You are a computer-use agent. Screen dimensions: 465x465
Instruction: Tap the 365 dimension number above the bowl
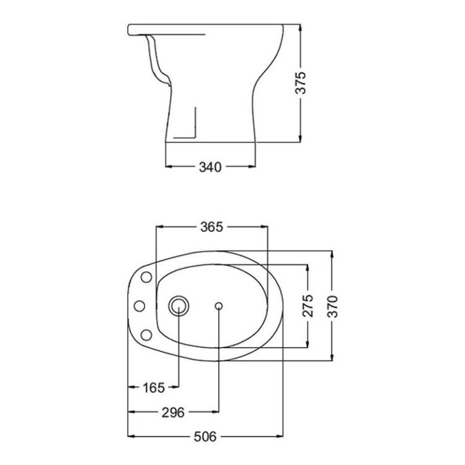click(212, 227)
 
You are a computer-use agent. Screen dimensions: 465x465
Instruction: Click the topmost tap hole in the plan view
click(145, 277)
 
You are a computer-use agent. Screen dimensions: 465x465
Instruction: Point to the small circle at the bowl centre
click(218, 306)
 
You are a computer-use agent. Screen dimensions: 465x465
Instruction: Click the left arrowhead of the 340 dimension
click(169, 165)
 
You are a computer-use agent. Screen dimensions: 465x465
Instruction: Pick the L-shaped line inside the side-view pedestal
click(191, 130)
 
